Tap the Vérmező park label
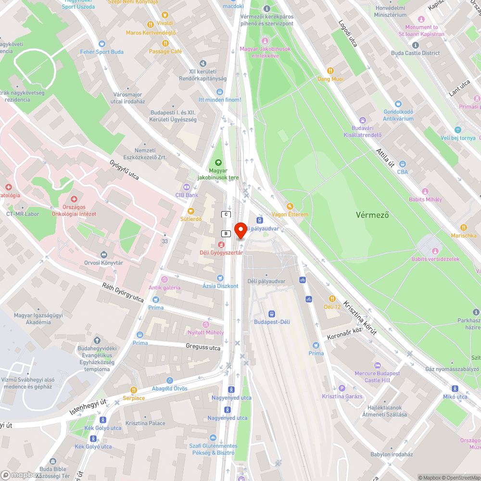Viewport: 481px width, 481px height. tap(372, 215)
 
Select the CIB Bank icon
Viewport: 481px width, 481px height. tap(186, 187)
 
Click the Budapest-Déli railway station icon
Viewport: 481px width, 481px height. tap(271, 313)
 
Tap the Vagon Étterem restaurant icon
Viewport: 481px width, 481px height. tap(290, 206)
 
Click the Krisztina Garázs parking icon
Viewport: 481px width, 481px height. tap(342, 388)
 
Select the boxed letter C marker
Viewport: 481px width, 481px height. tap(225, 214)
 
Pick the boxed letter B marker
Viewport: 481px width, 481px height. tap(225, 233)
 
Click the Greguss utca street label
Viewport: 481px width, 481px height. tap(203, 347)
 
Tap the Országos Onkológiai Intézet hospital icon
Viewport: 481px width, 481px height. tap(74, 199)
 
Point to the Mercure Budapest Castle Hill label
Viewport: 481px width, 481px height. tap(377, 377)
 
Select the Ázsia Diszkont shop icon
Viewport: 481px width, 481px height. tap(220, 278)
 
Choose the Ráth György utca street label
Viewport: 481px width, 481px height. tap(123, 292)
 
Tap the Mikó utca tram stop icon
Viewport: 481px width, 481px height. tap(455, 389)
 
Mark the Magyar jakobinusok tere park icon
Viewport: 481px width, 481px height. tap(218, 163)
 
